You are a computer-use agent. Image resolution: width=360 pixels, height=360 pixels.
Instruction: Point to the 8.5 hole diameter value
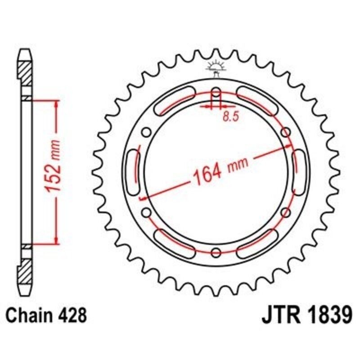tap(230, 116)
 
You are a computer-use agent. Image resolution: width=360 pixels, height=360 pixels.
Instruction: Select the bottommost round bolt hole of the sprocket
tap(216, 251)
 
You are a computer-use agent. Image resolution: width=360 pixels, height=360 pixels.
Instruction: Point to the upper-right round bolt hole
tap(285, 132)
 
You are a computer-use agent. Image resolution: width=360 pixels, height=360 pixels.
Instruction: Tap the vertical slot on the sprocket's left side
tap(134, 173)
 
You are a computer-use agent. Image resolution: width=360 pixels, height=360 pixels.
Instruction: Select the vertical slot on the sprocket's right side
tap(297, 173)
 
